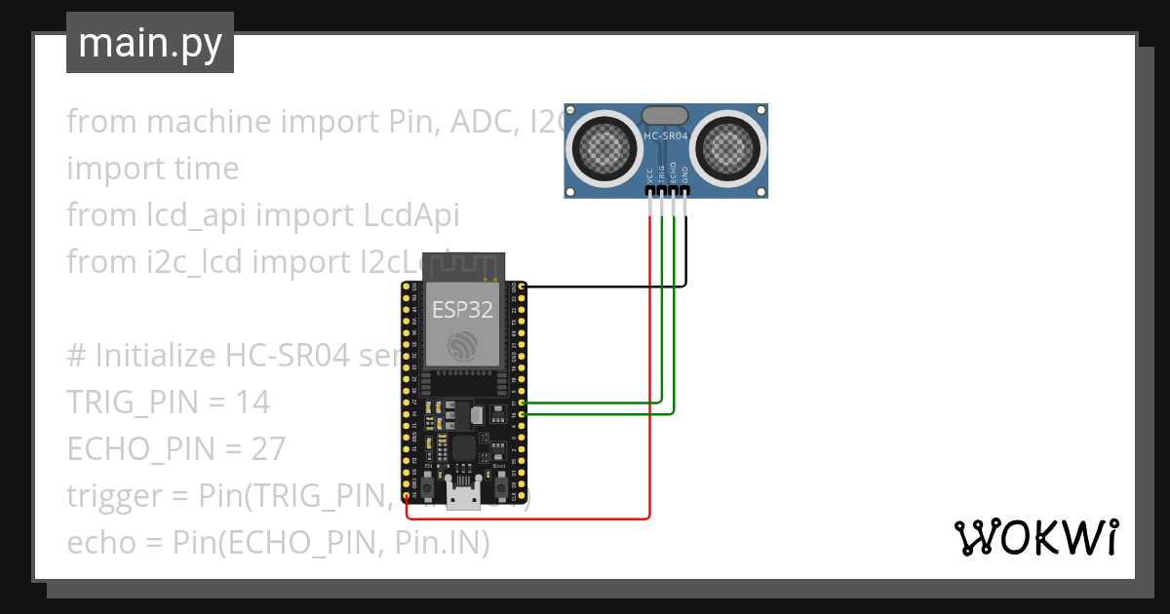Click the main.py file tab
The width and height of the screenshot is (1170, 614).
click(149, 43)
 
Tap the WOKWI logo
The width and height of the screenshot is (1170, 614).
click(1035, 537)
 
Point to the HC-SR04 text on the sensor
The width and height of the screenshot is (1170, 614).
click(666, 136)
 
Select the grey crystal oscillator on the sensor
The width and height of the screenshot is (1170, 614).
click(666, 115)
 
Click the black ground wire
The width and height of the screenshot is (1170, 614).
click(604, 287)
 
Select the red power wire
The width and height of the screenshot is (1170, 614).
click(649, 390)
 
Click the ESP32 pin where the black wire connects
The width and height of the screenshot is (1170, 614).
click(524, 287)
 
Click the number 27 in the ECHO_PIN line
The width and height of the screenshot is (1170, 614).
click(266, 448)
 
